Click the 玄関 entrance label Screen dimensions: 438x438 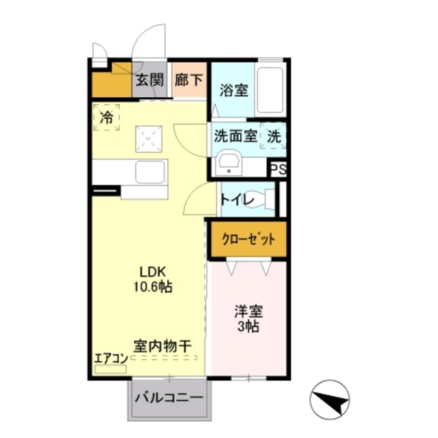coord(149,80)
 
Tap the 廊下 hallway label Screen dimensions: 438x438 coord(189,80)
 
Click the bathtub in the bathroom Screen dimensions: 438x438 coord(271,91)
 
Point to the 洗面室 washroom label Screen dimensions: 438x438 coord(235,135)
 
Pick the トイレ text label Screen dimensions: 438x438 coord(237,199)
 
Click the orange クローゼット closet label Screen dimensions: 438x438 coord(247,240)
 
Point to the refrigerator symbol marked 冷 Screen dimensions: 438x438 coord(106,117)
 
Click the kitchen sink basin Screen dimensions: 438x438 coord(151,171)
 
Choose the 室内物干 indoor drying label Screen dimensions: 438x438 coord(162,346)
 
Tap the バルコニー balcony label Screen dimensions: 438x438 coord(168,397)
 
